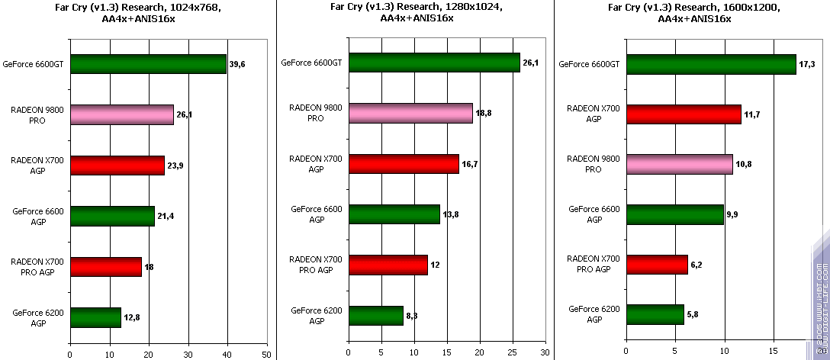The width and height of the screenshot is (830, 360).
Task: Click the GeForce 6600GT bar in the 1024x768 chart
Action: click(x=148, y=64)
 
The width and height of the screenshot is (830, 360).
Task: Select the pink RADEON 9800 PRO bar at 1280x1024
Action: click(x=410, y=113)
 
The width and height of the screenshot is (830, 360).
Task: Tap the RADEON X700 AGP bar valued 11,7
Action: click(x=684, y=114)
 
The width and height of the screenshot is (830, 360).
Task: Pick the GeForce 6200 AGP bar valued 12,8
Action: click(x=95, y=317)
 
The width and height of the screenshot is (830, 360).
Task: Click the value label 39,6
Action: click(x=237, y=65)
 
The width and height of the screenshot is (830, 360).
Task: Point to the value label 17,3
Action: click(x=807, y=64)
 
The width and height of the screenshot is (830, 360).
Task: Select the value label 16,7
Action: click(x=470, y=164)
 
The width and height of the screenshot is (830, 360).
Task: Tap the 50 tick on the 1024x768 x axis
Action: click(x=266, y=353)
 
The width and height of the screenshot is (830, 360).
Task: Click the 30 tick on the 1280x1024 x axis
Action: click(x=544, y=353)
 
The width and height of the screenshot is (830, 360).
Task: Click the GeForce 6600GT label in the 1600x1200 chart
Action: click(x=589, y=64)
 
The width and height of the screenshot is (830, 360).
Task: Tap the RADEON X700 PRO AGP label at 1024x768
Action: click(x=38, y=266)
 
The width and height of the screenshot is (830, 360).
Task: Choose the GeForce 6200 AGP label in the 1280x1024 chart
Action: click(x=316, y=315)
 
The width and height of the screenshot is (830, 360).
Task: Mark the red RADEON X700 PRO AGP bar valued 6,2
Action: click(x=657, y=265)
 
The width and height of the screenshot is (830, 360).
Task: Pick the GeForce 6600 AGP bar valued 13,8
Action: click(x=394, y=214)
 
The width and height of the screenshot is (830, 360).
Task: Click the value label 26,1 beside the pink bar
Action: click(x=185, y=115)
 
